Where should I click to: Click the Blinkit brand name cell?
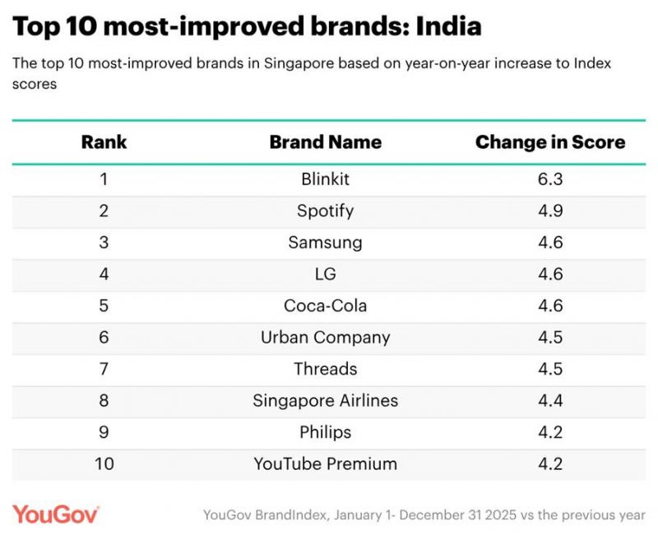coord(326,179)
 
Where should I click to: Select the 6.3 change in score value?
coord(549,179)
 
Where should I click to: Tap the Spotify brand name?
coord(326,210)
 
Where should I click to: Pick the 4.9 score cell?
coord(549,210)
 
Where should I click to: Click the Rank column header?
coord(104,141)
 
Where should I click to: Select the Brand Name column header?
coord(326,141)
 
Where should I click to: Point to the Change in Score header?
coord(549,141)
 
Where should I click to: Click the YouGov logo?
coord(56,514)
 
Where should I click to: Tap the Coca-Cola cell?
coord(326,306)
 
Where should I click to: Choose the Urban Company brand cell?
coord(326,337)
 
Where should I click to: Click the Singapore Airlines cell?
coord(326,401)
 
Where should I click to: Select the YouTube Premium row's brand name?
coord(326,463)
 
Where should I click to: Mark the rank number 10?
coord(104,463)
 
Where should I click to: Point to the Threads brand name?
coord(326,369)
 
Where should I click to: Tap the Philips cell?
coord(326,432)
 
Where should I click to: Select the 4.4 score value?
coord(549,401)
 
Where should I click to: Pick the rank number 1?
coord(104,179)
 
